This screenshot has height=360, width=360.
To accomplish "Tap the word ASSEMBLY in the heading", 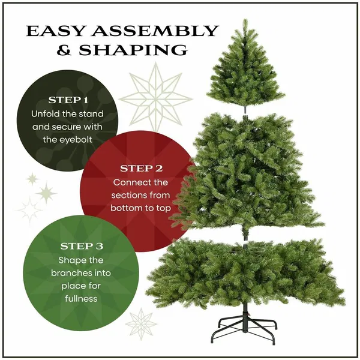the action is coord(155,31).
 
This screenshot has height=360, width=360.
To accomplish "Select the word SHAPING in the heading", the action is coord(133,50).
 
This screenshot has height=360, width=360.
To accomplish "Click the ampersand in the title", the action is coord(64,50).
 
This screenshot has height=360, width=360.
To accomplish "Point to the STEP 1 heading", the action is coord(68,100).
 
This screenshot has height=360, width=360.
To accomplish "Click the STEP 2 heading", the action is coord(141,169).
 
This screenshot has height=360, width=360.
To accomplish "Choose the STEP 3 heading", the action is coord(82,247).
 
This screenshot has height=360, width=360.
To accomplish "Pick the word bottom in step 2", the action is coord(125,208).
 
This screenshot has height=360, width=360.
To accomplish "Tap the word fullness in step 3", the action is coord(81,298).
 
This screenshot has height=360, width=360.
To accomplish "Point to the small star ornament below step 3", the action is coord(141,324).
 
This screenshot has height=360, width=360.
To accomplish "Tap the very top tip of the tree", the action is coord(245,19).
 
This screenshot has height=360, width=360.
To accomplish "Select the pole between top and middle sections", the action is coord(245,110).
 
